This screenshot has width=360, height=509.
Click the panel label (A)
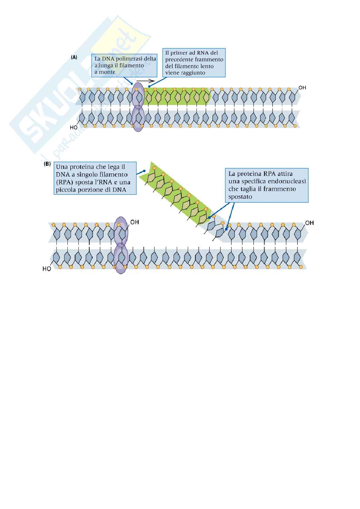point(74,57)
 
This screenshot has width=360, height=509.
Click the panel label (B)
point(47,164)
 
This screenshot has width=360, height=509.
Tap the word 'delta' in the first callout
point(150,59)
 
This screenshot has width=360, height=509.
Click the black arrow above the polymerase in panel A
point(145,81)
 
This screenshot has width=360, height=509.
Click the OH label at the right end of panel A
point(302,88)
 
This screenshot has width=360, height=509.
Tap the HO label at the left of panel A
point(74,128)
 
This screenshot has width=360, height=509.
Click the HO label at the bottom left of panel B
point(47,269)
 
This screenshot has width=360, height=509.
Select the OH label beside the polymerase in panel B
point(135,222)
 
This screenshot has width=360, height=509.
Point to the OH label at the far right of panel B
point(309,223)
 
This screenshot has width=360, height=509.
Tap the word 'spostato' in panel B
point(240,196)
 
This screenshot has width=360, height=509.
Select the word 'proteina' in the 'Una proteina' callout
point(81,167)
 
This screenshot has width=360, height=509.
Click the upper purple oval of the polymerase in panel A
point(138,94)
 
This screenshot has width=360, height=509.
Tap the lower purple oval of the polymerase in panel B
point(121,260)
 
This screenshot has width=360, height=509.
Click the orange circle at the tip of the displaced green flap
point(154,168)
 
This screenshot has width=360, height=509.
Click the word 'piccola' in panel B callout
point(66,190)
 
